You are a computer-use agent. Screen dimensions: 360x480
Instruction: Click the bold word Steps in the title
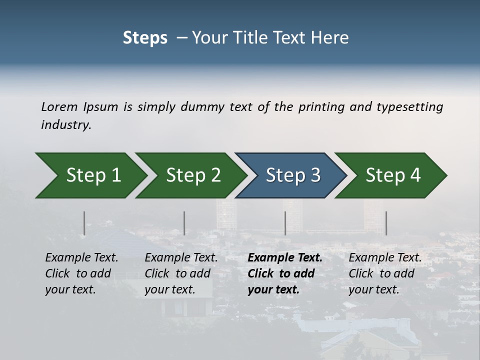[x=145, y=38]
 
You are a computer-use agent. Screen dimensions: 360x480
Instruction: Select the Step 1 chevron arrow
[x=90, y=175]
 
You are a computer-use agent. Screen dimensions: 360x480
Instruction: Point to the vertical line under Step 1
[x=84, y=223]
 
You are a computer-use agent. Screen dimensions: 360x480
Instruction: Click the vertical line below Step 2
[x=184, y=223]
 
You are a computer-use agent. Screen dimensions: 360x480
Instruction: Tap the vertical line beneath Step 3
[x=285, y=223]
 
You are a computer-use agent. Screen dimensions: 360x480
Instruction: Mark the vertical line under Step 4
[x=386, y=223]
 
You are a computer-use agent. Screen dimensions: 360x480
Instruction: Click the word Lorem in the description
[x=59, y=107]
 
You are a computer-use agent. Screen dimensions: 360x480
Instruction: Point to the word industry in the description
[x=66, y=125]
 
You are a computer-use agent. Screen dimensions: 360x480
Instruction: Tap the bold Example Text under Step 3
[x=285, y=257]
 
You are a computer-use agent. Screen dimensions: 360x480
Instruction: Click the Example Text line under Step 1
[x=81, y=257]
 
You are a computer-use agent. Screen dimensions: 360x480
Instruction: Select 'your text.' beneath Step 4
[x=374, y=289]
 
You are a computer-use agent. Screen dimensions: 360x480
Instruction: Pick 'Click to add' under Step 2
[x=177, y=273]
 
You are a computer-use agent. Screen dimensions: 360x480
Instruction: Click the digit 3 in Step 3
[x=314, y=175]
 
